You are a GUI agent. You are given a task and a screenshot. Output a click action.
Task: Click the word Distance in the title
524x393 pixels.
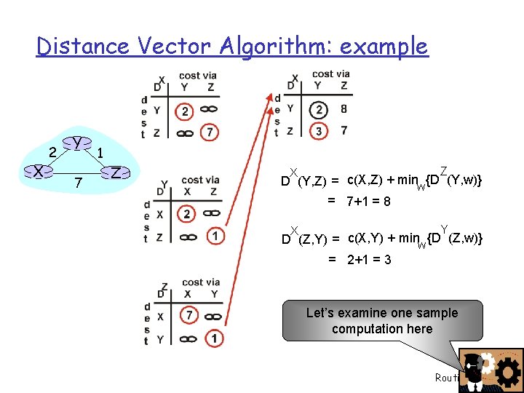[82, 47]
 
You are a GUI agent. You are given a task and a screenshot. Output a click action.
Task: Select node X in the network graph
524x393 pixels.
[37, 172]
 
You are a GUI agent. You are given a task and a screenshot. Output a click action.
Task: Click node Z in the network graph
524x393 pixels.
[116, 172]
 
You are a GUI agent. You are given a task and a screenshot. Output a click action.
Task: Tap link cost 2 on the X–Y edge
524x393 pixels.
[52, 151]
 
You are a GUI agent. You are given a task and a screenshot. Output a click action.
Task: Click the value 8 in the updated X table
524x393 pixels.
[344, 109]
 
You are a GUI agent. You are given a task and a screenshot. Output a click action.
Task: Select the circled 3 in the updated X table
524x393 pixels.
[317, 131]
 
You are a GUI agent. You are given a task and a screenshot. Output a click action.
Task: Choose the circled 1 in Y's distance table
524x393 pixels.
[214, 237]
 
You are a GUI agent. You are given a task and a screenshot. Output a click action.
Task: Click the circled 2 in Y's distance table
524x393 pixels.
[187, 215]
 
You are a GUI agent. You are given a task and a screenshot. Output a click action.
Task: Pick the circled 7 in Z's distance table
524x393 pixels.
[188, 316]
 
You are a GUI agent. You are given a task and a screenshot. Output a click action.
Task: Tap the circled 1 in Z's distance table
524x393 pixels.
[214, 338]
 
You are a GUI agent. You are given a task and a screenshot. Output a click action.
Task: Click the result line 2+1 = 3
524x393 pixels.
[368, 260]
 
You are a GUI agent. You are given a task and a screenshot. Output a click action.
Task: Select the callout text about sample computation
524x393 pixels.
[382, 321]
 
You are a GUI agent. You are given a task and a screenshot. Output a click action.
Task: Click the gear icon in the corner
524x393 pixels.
[507, 372]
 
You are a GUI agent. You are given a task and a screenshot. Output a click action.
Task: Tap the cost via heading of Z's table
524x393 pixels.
[200, 282]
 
